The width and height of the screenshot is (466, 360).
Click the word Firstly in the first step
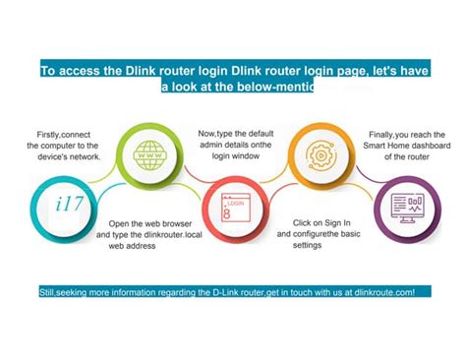click(38, 133)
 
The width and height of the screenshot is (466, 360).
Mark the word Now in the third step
click(206, 133)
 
